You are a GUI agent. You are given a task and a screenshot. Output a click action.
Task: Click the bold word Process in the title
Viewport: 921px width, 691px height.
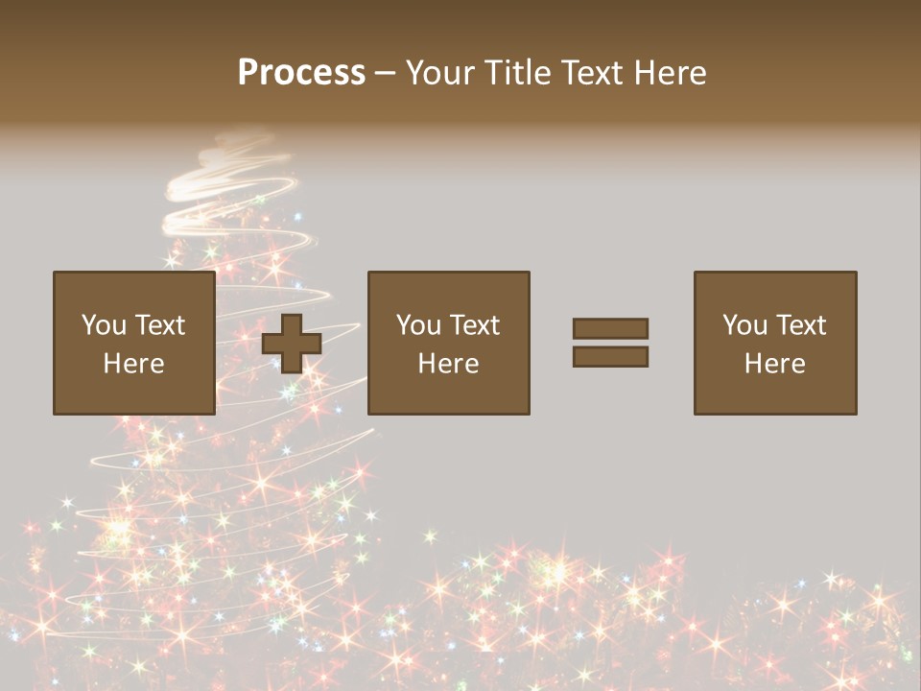click(x=301, y=73)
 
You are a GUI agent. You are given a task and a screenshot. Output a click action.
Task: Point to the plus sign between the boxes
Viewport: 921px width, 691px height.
click(x=292, y=343)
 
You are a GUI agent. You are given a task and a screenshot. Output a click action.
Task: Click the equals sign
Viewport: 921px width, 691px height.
click(x=610, y=343)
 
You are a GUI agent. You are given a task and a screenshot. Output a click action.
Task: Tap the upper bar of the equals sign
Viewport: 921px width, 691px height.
click(x=610, y=329)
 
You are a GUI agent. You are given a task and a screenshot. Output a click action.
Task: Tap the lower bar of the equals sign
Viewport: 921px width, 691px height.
click(x=610, y=356)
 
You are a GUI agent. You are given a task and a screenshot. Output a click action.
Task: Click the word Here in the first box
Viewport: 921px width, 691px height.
click(x=134, y=364)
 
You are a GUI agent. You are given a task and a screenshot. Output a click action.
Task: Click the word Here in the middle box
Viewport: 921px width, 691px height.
click(x=449, y=364)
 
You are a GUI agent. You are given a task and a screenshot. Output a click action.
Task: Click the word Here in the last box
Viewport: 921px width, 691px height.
click(x=775, y=364)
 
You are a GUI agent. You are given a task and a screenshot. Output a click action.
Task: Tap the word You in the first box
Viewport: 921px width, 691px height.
click(x=104, y=325)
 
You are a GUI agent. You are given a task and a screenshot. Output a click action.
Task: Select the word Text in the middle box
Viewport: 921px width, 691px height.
click(x=473, y=325)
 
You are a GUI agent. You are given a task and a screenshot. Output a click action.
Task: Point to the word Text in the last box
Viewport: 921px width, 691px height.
click(x=799, y=325)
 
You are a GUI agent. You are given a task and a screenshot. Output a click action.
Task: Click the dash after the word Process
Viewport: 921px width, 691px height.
click(x=386, y=74)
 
